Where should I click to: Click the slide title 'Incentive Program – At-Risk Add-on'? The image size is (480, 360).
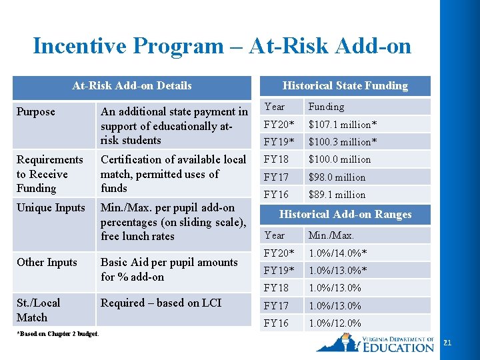click(222, 46)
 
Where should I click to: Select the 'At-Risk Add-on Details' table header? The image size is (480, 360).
click(131, 85)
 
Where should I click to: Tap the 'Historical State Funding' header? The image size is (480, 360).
click(345, 85)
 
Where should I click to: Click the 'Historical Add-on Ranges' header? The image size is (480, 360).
click(345, 214)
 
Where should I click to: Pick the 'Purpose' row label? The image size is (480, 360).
click(36, 111)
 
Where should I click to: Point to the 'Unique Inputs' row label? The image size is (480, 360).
click(51, 207)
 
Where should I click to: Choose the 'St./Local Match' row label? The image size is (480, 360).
click(38, 310)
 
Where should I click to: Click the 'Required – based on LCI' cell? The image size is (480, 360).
click(161, 303)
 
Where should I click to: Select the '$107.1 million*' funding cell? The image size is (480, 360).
click(342, 124)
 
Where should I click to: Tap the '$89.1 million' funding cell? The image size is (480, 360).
click(337, 195)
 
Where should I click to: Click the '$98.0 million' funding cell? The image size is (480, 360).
click(337, 177)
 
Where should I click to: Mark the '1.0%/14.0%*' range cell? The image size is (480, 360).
click(338, 253)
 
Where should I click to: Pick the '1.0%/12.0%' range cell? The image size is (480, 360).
click(335, 323)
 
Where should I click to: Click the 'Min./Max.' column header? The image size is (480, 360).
click(331, 235)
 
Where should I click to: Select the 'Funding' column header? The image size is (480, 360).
click(326, 107)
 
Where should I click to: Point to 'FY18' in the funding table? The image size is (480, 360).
click(276, 159)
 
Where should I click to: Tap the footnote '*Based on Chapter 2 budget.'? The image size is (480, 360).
click(57, 334)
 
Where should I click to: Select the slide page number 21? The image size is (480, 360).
click(447, 343)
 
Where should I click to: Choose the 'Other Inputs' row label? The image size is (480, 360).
click(47, 262)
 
